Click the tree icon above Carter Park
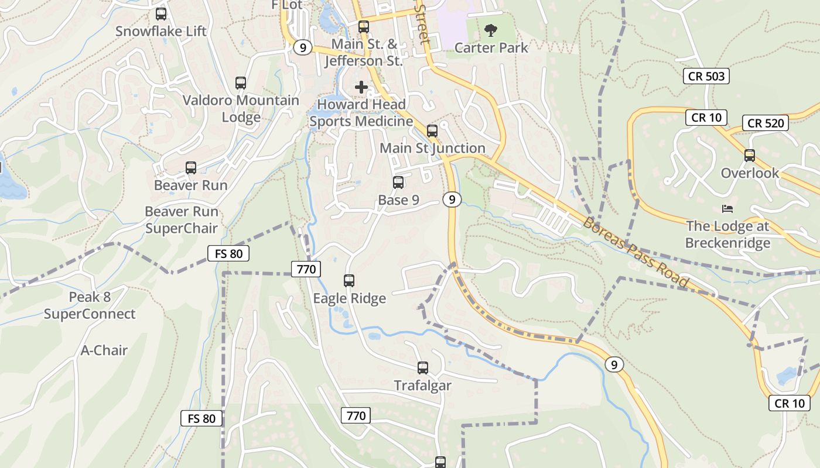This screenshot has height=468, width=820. [x=491, y=29]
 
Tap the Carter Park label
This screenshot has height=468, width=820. [x=491, y=48]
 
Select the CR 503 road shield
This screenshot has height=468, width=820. [x=706, y=76]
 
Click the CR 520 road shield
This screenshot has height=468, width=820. [x=765, y=123]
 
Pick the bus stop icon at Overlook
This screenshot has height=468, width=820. [x=750, y=156]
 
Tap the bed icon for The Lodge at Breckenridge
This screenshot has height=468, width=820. [x=727, y=209]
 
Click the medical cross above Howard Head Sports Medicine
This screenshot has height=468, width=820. [x=361, y=87]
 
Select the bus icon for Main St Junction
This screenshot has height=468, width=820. [x=432, y=131]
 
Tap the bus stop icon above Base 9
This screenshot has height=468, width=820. [x=398, y=183]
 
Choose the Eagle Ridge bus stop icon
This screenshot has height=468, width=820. [x=349, y=281]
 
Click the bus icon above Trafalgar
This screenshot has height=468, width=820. [x=423, y=368]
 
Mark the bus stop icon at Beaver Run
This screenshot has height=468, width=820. [x=190, y=168]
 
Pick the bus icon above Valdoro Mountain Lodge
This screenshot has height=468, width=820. [x=241, y=83]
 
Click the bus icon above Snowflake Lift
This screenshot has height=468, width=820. [x=161, y=14]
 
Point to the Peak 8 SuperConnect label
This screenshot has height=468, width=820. [x=90, y=305]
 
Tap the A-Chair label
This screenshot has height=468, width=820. [x=104, y=350]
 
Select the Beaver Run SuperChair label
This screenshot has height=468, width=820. [x=182, y=220]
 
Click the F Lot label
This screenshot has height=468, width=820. [x=287, y=5]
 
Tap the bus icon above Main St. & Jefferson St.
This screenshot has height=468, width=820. [x=364, y=27]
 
